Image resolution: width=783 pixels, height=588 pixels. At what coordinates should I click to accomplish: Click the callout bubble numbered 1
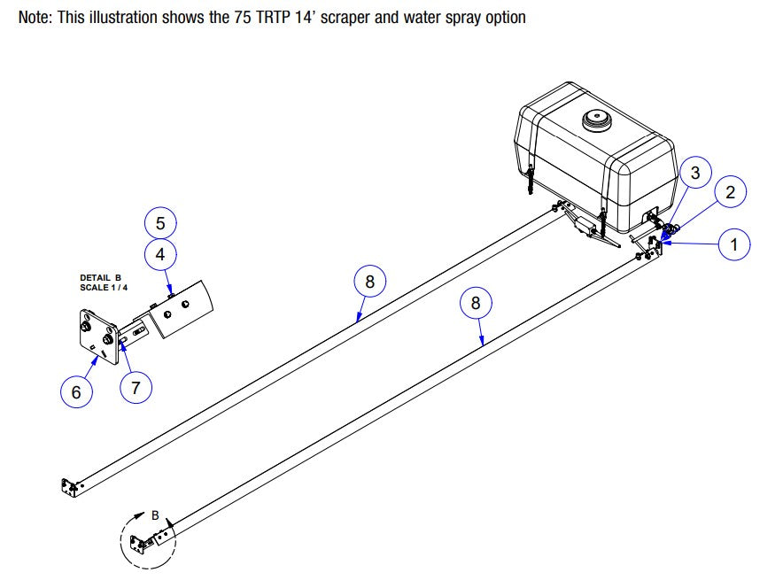pyautogui.click(x=733, y=244)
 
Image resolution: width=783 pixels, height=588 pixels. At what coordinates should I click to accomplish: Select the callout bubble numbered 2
pyautogui.click(x=731, y=192)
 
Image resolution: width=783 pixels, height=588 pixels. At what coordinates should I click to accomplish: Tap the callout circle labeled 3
pyautogui.click(x=695, y=173)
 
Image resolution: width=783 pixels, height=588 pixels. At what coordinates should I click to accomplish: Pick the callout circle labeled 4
pyautogui.click(x=160, y=254)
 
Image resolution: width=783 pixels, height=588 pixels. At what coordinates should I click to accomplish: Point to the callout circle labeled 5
pyautogui.click(x=160, y=221)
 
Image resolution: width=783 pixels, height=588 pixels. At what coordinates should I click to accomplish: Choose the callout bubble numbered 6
pyautogui.click(x=76, y=391)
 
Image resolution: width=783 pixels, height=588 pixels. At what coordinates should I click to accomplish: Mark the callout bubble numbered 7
pyautogui.click(x=136, y=386)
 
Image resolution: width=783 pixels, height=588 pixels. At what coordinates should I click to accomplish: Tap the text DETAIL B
pyautogui.click(x=100, y=277)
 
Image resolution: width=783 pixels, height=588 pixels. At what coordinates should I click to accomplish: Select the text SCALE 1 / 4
pyautogui.click(x=103, y=287)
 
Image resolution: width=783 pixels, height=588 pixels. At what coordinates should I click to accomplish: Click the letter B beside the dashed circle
pyautogui.click(x=155, y=514)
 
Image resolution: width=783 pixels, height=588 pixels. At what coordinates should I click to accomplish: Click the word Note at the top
pyautogui.click(x=35, y=18)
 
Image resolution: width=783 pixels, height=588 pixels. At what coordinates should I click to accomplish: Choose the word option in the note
pyautogui.click(x=505, y=18)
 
